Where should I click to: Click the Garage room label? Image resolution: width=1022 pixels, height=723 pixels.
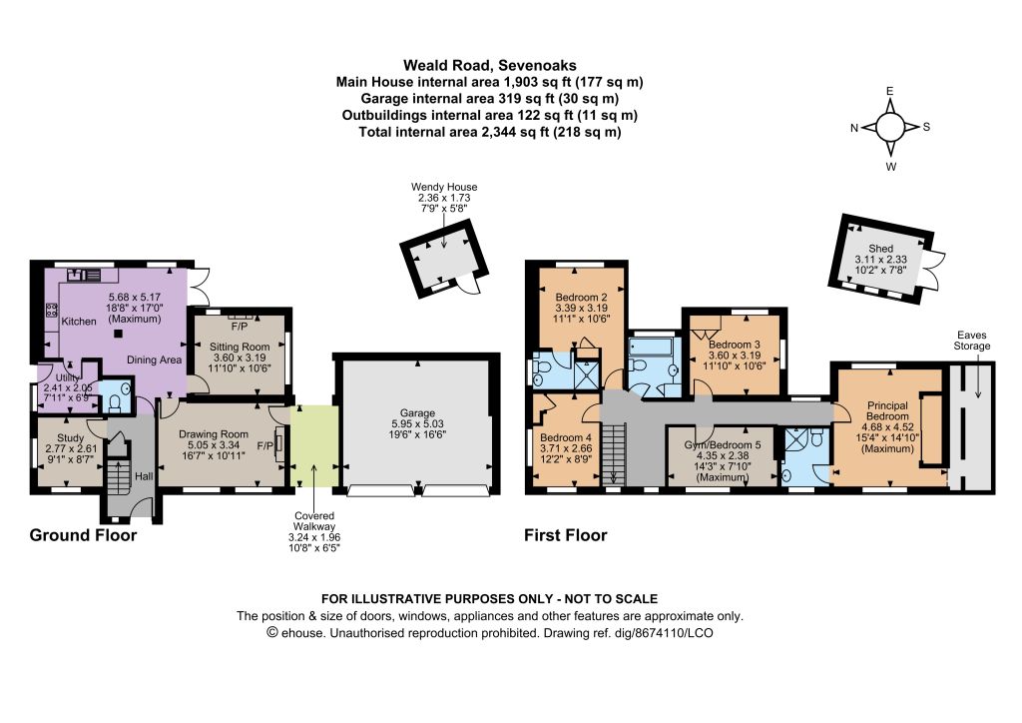[417, 412]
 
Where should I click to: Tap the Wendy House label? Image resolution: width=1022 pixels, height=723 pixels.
[444, 187]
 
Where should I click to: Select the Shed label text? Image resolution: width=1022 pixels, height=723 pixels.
[880, 249]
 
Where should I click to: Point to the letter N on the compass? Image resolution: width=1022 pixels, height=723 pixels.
[854, 129]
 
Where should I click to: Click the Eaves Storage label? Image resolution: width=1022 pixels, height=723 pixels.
[972, 341]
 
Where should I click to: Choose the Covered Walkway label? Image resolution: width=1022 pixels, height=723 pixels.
[314, 521]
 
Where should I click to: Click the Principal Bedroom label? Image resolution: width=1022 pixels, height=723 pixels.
[887, 410]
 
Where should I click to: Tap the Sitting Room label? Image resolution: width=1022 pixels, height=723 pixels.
[240, 347]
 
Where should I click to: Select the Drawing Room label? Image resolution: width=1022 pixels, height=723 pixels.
[214, 434]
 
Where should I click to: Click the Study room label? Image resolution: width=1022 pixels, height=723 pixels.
[71, 438]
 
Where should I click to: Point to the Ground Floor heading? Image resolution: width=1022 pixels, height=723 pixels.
[84, 535]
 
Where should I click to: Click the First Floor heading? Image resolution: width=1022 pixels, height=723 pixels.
[566, 535]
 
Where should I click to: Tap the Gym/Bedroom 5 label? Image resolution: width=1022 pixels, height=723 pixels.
[723, 444]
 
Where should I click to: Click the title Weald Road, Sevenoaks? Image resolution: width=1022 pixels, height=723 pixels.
[489, 65]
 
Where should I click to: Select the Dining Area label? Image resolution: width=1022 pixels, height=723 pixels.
[154, 360]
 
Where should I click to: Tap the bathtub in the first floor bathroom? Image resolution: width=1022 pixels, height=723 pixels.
[655, 347]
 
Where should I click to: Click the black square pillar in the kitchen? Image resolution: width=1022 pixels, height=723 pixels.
[118, 335]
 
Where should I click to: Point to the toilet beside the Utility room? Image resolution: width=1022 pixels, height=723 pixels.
[116, 404]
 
